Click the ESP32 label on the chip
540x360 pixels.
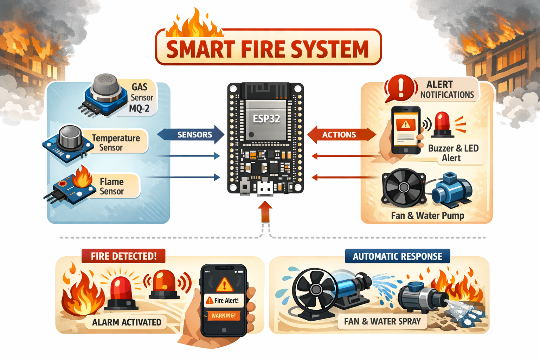click(x=266, y=118)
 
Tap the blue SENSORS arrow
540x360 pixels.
click(x=191, y=135)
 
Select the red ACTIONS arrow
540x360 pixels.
click(x=342, y=135)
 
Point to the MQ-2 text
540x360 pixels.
click(x=139, y=109)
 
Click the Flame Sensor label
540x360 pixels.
click(x=111, y=186)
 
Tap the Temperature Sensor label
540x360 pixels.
click(x=116, y=143)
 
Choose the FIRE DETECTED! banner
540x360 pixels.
click(x=124, y=256)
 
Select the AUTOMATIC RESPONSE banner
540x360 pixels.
click(x=398, y=256)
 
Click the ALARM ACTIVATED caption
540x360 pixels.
click(x=127, y=322)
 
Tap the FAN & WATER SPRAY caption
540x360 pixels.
click(x=382, y=321)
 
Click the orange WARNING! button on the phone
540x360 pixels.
click(x=224, y=316)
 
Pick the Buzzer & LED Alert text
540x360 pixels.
click(x=453, y=153)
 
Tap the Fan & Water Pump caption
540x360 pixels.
click(x=427, y=216)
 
